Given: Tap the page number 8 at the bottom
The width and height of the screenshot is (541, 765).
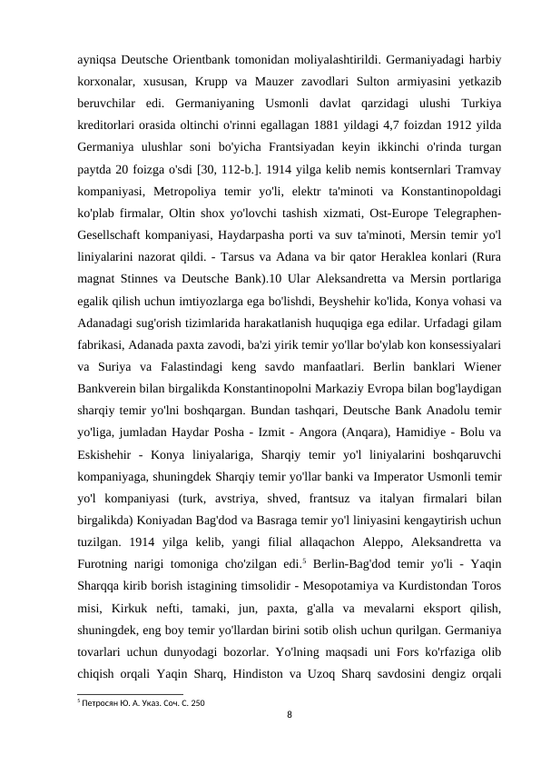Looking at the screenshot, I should click(x=289, y=715).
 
